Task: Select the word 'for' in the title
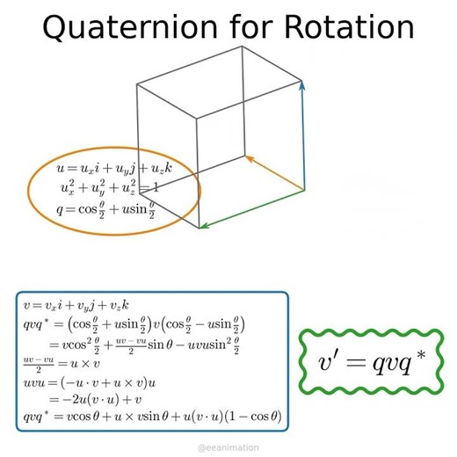tap(232, 28)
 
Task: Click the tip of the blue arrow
tap(302, 83)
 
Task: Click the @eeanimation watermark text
tap(228, 447)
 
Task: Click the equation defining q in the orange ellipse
tap(105, 210)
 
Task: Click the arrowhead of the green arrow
tap(201, 226)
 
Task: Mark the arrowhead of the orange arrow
tap(247, 159)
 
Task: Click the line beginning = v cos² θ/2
tap(149, 344)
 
